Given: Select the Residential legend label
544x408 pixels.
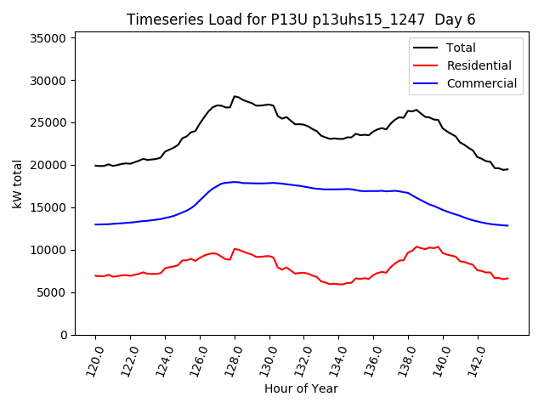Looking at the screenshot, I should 478,65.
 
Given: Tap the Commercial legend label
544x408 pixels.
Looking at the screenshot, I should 481,83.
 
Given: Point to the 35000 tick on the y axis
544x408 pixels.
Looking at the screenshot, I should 49,38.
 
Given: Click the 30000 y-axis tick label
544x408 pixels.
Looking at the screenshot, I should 49,81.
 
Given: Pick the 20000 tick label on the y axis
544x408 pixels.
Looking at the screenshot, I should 49,166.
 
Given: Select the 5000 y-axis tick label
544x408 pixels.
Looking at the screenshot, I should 53,292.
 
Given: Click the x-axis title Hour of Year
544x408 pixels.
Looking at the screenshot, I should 301,388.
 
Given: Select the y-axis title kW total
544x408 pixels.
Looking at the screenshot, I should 17,184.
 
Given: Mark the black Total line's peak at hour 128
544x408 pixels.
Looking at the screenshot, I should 234,96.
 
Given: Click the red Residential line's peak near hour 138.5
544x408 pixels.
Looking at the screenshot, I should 416,246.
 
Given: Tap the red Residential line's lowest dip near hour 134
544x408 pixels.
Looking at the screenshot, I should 342,284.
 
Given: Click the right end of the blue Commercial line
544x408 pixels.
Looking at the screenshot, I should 507,225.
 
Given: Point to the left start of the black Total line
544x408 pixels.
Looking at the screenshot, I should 96,166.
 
